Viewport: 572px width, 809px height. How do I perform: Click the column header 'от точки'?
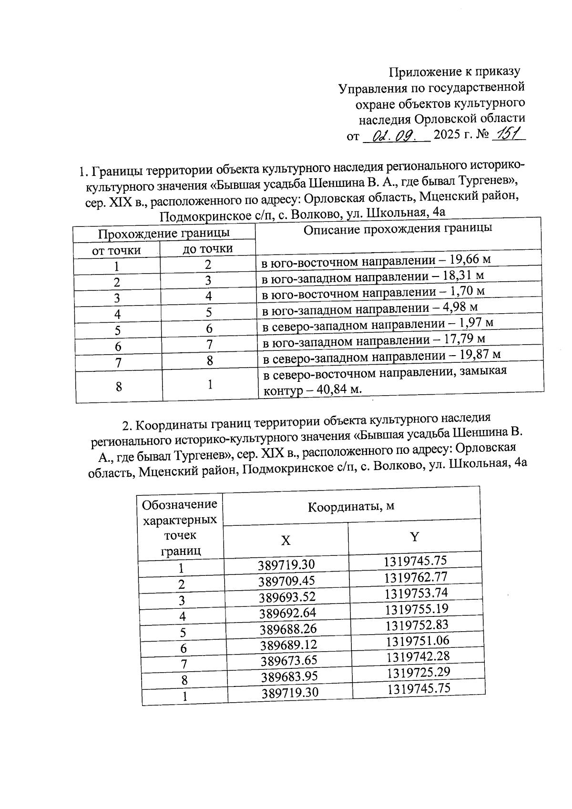pyautogui.click(x=116, y=250)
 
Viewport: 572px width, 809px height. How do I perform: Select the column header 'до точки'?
pyautogui.click(x=208, y=248)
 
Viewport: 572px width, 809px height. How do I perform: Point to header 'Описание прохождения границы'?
pyautogui.click(x=398, y=229)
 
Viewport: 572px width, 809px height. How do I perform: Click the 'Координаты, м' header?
pyautogui.click(x=351, y=506)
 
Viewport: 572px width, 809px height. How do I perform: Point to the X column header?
pyautogui.click(x=285, y=541)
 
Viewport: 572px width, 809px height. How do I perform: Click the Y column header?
pyautogui.click(x=415, y=537)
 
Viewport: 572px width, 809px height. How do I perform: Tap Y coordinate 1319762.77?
pyautogui.click(x=416, y=577)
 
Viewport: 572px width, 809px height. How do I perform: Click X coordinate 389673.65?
pyautogui.click(x=289, y=661)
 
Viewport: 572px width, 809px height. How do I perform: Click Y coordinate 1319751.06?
pyautogui.click(x=418, y=641)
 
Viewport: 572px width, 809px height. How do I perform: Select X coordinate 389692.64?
pyautogui.click(x=288, y=613)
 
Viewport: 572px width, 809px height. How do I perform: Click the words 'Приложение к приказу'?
pyautogui.click(x=454, y=72)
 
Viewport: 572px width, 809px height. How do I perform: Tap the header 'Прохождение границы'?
pyautogui.click(x=164, y=234)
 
